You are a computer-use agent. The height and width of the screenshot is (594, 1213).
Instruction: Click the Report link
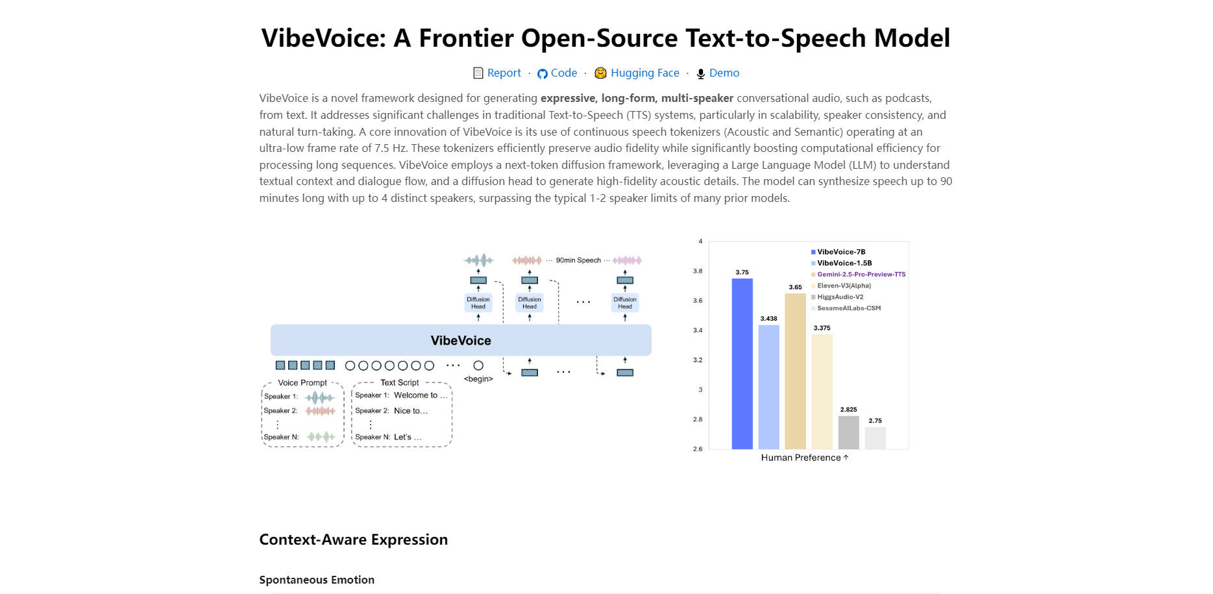(x=504, y=73)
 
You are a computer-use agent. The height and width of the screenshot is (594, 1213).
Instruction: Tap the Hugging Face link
(x=644, y=73)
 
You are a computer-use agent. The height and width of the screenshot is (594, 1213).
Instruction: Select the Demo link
(x=724, y=73)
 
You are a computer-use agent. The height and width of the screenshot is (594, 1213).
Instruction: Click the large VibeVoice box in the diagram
(x=461, y=340)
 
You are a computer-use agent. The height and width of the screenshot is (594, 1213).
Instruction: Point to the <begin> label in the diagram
(x=478, y=378)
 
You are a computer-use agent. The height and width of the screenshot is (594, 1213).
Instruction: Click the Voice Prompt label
(x=302, y=382)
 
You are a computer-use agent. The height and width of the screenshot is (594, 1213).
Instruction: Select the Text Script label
(x=400, y=382)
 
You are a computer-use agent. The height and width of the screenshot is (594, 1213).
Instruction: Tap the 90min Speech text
(x=578, y=260)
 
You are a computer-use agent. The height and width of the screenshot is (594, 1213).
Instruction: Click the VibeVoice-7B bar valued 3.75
(x=742, y=364)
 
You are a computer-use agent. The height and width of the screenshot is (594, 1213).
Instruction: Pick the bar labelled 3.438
(x=768, y=386)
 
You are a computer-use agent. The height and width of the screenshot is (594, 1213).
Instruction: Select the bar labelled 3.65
(x=795, y=370)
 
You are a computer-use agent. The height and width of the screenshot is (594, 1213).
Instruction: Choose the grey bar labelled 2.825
(x=848, y=432)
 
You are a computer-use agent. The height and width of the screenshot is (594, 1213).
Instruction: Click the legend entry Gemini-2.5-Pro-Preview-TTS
(x=861, y=275)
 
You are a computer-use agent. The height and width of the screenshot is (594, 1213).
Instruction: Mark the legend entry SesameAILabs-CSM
(x=849, y=308)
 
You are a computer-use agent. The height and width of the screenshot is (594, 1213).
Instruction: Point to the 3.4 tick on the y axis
(x=698, y=330)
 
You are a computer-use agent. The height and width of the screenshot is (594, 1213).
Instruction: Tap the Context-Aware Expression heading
(x=354, y=539)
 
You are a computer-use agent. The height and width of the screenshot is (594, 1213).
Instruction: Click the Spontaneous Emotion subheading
(x=317, y=580)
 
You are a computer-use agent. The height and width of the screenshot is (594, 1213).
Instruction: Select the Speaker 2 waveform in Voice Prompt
(x=321, y=411)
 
